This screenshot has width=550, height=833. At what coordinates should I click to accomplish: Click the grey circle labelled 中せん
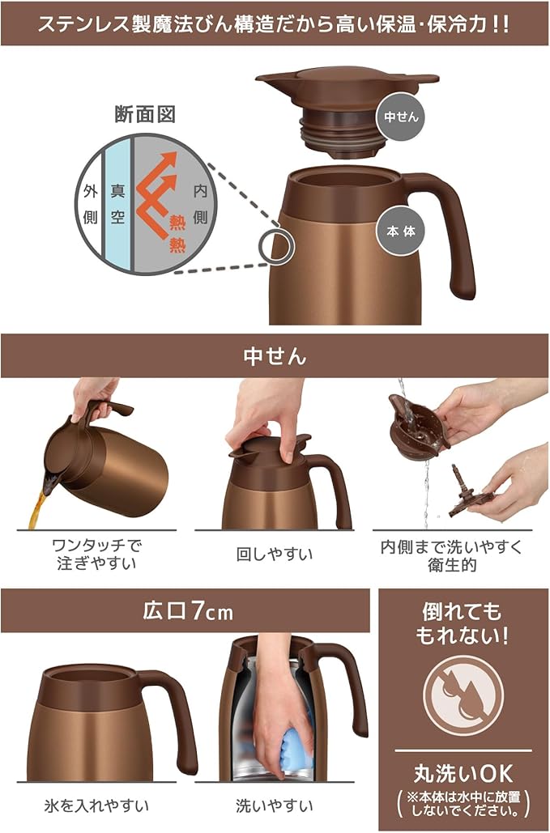401,117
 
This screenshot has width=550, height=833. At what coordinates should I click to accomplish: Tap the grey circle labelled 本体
401,231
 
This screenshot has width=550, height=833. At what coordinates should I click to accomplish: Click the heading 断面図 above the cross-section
145,114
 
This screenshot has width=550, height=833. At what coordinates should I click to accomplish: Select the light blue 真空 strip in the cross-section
117,205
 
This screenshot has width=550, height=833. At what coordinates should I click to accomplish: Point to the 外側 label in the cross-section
91,204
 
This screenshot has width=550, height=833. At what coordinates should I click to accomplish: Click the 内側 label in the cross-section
200,204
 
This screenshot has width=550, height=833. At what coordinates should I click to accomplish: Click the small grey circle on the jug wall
276,246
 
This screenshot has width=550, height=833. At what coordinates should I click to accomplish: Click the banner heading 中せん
275,356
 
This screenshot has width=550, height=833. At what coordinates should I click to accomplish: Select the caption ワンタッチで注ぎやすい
96,554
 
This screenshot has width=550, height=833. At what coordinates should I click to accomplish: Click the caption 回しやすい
275,554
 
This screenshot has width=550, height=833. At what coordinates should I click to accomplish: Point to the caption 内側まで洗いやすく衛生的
452,555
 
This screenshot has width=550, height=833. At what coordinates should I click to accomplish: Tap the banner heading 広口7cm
188,611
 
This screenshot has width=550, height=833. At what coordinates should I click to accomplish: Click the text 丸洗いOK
463,774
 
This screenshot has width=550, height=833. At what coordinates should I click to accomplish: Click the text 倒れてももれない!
461,623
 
